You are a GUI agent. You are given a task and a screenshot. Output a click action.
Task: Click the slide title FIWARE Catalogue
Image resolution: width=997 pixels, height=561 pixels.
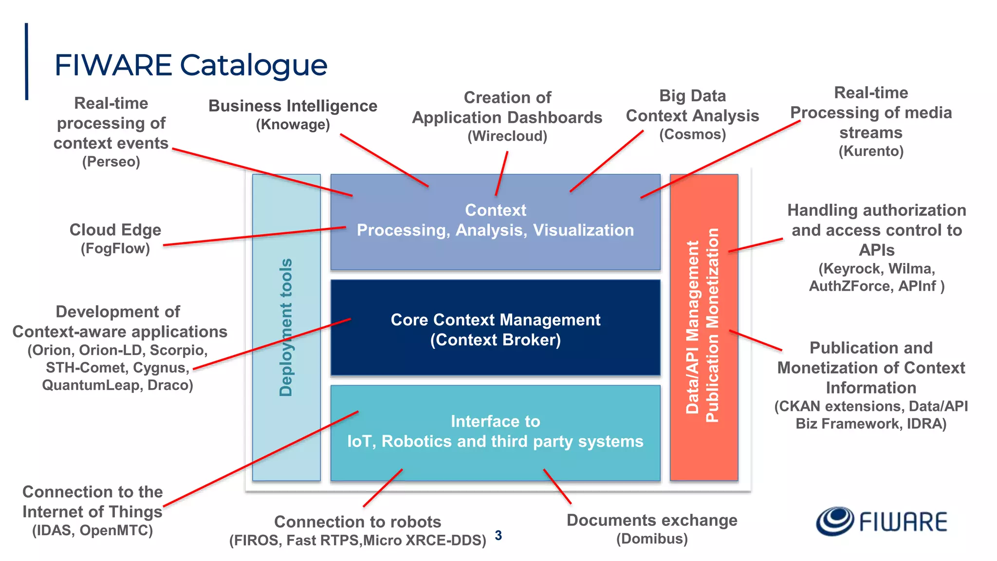coord(190,65)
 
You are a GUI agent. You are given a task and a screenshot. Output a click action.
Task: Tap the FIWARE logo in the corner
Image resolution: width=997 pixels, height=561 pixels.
coord(882,522)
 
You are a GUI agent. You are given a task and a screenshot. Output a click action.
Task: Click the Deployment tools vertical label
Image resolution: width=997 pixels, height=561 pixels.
coord(286,327)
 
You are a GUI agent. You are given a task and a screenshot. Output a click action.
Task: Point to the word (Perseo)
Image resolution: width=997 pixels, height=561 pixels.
coord(111,162)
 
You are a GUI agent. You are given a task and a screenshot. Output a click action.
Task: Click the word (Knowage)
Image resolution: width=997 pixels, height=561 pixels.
coord(293,125)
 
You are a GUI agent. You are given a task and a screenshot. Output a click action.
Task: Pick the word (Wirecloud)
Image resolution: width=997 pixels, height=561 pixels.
coord(507,136)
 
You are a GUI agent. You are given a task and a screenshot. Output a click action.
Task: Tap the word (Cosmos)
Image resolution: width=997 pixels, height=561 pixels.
coord(692,134)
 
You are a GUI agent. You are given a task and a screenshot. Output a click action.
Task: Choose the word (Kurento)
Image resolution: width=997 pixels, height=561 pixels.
coord(871,151)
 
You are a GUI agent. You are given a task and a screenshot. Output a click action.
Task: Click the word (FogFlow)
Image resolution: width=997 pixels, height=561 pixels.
coord(115,248)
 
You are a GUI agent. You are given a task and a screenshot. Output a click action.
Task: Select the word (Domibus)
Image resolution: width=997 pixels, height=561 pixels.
coord(652,539)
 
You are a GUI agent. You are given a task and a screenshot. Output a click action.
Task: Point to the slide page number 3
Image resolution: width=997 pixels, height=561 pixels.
coord(498,535)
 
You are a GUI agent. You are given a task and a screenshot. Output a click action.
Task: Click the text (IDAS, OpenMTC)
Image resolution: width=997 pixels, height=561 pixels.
coord(92,530)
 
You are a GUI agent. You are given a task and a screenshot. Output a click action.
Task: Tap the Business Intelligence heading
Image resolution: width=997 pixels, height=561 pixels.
coord(293,106)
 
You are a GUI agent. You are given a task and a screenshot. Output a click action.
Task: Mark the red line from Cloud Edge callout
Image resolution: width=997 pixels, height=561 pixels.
coord(253,236)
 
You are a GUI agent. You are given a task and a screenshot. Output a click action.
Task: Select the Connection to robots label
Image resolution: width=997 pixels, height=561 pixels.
coord(357,522)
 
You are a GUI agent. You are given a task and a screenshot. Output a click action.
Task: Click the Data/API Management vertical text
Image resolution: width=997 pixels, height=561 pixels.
coord(692,327)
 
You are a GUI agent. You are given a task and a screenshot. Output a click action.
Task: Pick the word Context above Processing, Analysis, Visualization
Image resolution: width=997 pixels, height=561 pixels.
coord(495,210)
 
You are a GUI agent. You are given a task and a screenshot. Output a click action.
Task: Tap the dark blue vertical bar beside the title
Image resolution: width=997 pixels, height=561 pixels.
coord(26,61)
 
